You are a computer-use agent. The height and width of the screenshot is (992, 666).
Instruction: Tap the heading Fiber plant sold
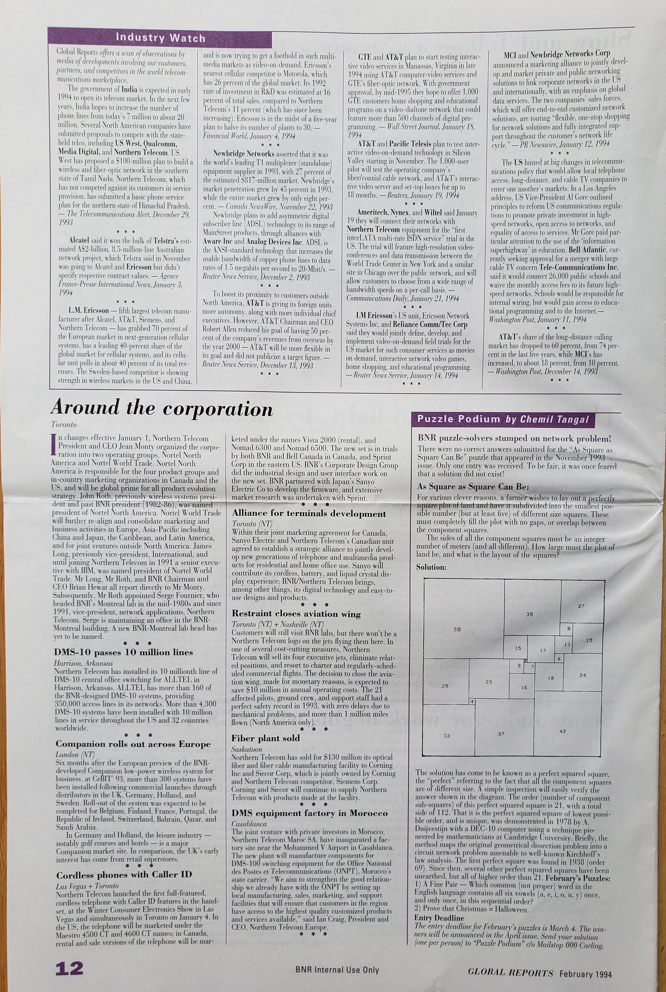(265, 738)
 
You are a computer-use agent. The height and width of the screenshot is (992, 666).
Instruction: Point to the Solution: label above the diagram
(431, 567)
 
